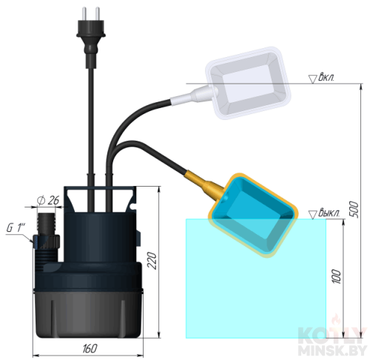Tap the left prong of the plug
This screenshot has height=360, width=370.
(84, 13)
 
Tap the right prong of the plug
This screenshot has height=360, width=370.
(98, 13)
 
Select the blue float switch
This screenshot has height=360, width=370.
(254, 216)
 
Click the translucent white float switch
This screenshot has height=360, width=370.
(248, 83)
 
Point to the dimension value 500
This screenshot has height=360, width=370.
(354, 210)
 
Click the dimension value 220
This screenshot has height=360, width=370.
(152, 261)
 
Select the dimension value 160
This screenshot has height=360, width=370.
(90, 348)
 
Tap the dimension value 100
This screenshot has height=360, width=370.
(337, 277)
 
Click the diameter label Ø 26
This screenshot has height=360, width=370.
(48, 201)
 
